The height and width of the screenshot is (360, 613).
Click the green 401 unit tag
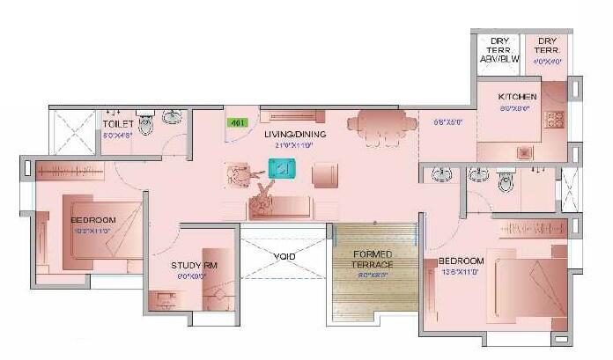(236, 123)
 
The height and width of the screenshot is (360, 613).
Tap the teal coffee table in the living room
(282, 167)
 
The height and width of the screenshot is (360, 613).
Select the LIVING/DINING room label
(295, 134)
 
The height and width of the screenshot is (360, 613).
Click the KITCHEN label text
(516, 96)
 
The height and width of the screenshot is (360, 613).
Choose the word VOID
(284, 256)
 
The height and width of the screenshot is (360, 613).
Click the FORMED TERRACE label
(373, 260)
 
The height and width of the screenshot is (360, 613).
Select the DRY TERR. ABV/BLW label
(499, 50)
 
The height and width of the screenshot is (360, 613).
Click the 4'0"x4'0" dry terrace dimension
(546, 62)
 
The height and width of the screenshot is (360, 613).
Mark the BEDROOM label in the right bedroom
(462, 261)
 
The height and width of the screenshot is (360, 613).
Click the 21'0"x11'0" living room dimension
(295, 145)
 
